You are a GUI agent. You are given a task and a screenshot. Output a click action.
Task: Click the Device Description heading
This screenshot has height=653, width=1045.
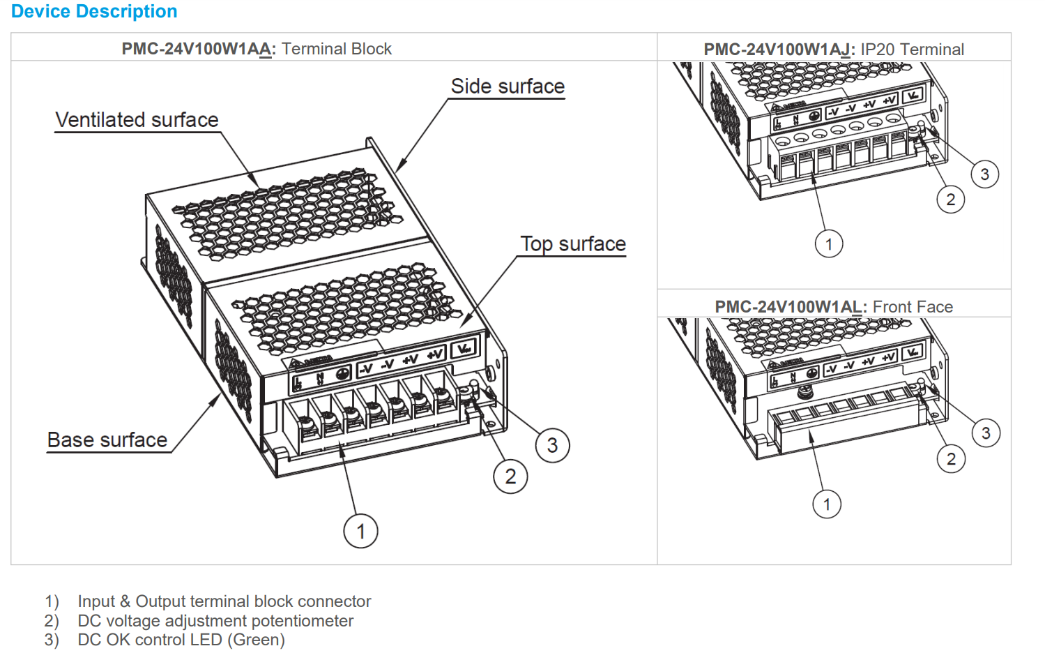(94, 12)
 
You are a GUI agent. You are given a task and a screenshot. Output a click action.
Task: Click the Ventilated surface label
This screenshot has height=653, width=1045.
(137, 120)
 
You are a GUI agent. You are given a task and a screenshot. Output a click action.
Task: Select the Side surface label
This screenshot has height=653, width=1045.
(508, 87)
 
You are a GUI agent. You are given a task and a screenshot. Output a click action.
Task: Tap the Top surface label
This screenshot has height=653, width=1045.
(573, 244)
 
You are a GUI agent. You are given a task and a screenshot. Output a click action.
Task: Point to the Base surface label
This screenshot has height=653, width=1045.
(107, 440)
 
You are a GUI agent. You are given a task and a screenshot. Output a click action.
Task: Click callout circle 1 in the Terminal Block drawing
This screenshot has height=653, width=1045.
(360, 532)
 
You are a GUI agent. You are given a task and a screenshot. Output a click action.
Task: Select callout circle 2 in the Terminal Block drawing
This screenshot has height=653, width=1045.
(510, 477)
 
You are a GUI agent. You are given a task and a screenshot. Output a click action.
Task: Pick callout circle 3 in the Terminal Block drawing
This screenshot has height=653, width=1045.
(552, 446)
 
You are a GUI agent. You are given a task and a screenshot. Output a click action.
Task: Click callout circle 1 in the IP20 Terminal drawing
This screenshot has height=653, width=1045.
(829, 244)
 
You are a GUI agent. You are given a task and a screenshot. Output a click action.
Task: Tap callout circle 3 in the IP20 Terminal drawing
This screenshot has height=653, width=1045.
(984, 174)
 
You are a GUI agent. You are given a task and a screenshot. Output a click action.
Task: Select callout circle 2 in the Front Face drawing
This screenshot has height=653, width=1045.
(951, 459)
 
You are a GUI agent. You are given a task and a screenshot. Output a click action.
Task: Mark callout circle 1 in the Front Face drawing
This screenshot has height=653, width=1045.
(827, 504)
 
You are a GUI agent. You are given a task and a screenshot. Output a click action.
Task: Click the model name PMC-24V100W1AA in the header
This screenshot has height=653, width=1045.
(198, 49)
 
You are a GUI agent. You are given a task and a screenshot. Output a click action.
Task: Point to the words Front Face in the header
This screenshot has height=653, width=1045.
(913, 307)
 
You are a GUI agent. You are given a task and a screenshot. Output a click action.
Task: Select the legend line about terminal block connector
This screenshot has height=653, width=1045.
(224, 601)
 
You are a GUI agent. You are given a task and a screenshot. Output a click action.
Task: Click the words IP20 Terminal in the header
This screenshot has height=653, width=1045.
(913, 50)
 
